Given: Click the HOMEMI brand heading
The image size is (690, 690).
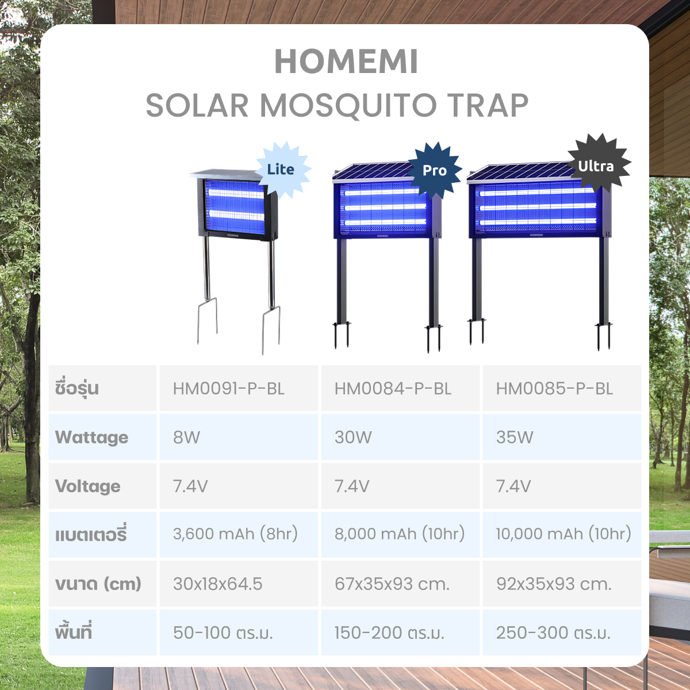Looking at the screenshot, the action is (346, 62).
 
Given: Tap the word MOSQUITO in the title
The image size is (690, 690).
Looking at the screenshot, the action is (348, 105).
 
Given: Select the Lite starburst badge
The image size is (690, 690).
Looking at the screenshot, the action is (282, 170).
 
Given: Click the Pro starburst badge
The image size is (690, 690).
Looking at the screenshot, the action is (435, 170).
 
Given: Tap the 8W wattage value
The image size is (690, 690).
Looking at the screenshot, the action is (186, 437).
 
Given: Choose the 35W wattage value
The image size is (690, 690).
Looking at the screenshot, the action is (515, 437).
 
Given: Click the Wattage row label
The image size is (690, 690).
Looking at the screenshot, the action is (91, 438).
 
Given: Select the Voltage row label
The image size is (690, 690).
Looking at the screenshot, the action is (88, 486).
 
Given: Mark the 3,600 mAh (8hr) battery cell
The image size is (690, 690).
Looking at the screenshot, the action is (235, 534).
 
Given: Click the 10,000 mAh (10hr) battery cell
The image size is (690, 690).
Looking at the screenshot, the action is (563, 534).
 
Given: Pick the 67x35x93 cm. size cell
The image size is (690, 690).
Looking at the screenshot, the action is (392, 584).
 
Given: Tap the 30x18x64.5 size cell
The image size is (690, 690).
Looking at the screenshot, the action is (218, 584).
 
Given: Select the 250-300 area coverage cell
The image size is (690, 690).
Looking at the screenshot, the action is (553, 632).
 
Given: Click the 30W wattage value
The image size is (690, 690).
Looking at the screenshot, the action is (353, 437).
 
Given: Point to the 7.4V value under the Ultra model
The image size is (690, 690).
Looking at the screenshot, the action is (513, 486).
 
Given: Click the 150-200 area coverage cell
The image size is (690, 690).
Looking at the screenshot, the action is (390, 632).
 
